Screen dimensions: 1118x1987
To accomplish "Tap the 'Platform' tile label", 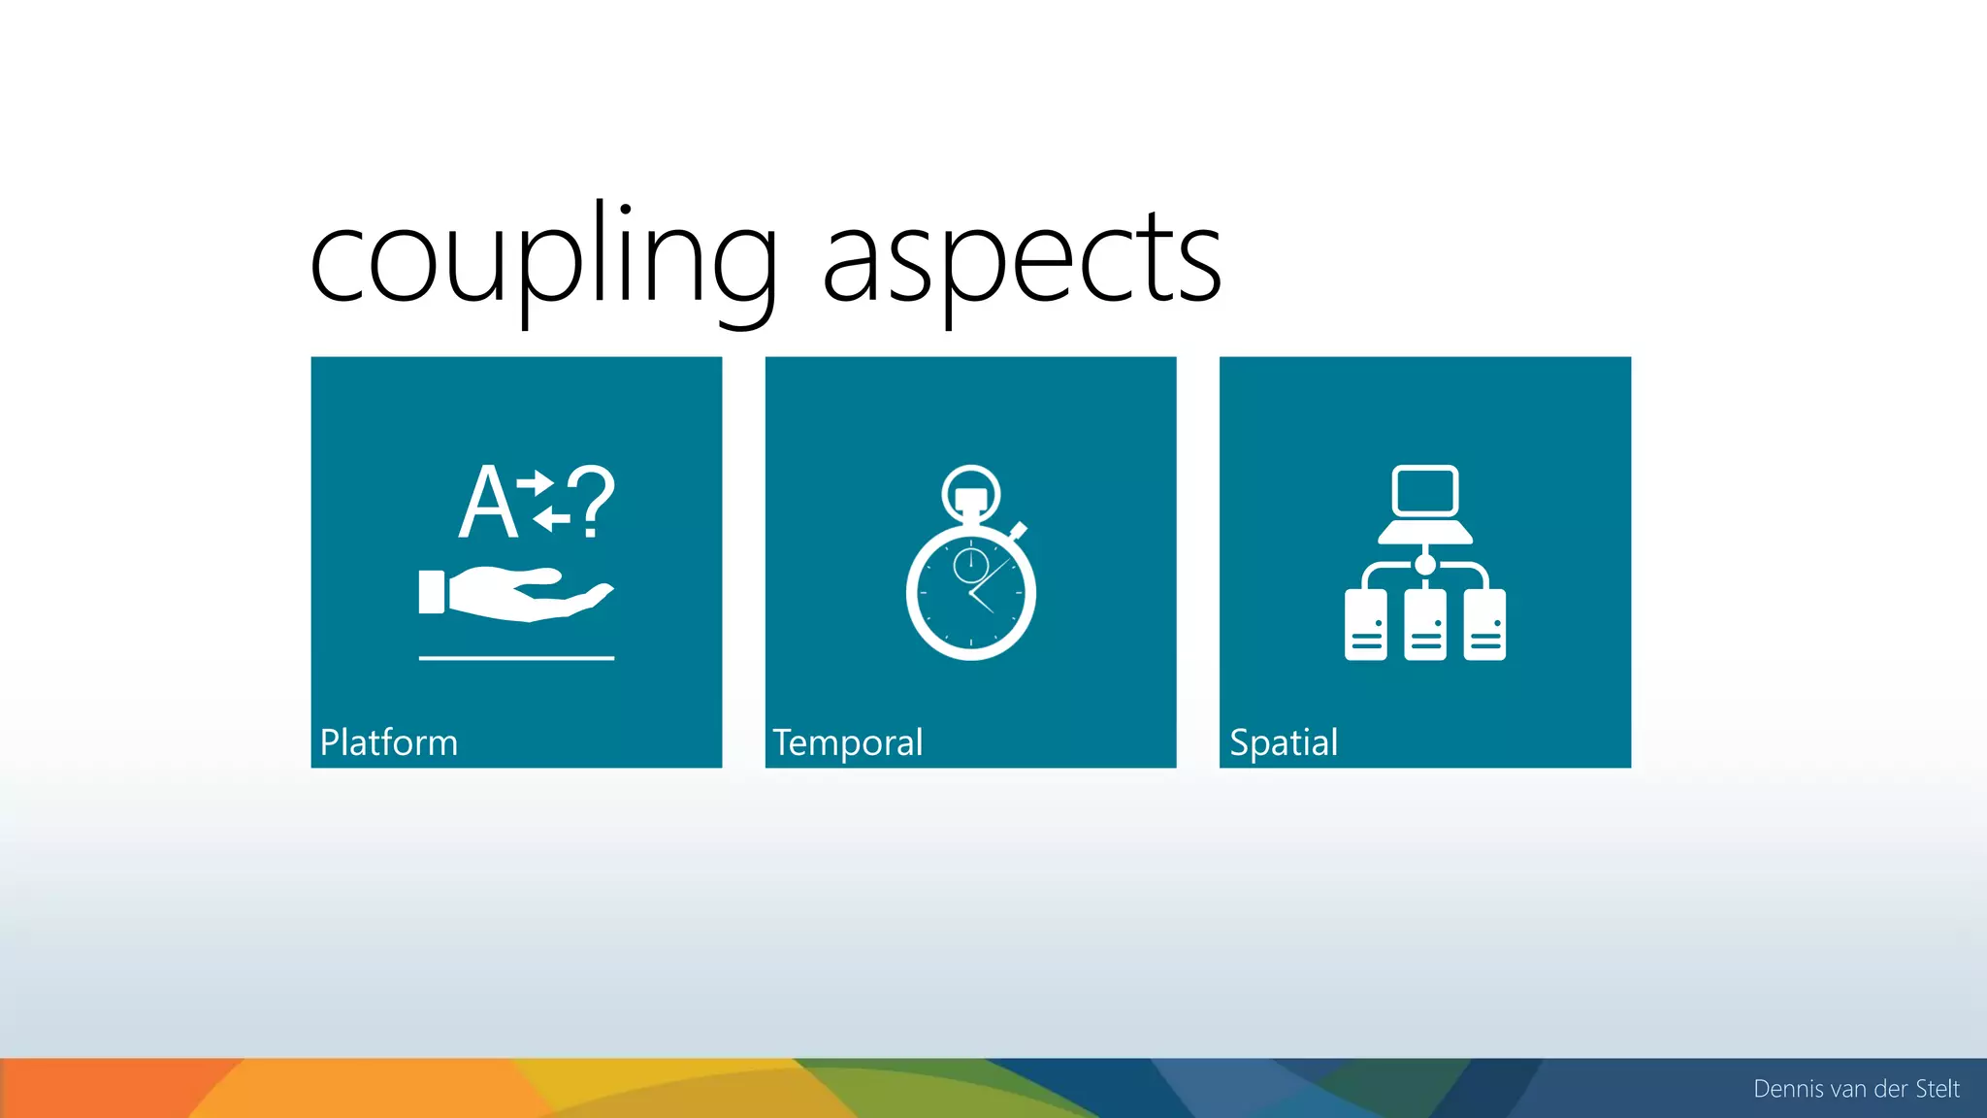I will click(388, 742).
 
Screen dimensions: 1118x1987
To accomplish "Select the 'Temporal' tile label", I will click(847, 742).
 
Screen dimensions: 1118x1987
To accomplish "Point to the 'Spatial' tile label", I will click(1283, 742).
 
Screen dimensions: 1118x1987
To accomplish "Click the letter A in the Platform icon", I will click(487, 503).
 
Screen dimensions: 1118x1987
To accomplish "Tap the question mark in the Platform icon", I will click(591, 501).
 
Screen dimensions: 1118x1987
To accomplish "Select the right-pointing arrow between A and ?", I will click(536, 481).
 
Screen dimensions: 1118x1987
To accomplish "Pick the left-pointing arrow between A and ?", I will click(551, 518).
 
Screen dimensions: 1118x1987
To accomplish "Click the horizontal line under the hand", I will click(516, 658).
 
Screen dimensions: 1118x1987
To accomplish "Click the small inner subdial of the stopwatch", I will click(970, 565).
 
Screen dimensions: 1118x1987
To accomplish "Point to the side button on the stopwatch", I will click(1018, 531).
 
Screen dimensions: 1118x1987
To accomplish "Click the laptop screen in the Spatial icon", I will click(1424, 490).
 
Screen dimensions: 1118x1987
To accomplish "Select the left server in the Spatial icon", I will click(1366, 625).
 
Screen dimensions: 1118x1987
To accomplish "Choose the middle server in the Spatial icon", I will click(1425, 625).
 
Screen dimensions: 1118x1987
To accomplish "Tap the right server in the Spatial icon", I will click(1484, 625).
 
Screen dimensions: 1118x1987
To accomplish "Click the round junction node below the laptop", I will click(1424, 564).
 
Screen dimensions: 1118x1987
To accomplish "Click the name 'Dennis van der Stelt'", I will click(1856, 1089).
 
